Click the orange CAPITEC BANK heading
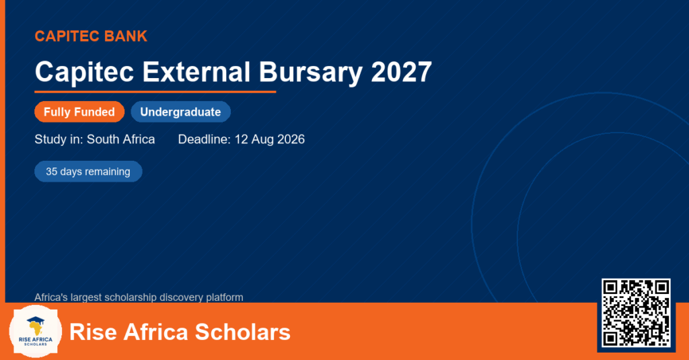[x=91, y=36]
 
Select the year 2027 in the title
[x=402, y=71]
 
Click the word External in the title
[x=196, y=71]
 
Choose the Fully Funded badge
[x=79, y=112]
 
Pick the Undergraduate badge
[x=180, y=112]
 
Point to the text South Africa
[x=121, y=139]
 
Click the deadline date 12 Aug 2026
[x=270, y=139]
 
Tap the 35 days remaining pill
[x=88, y=172]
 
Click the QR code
[x=637, y=312]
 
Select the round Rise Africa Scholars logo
[x=35, y=332]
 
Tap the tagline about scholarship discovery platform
[x=139, y=297]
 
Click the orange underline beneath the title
[x=155, y=92]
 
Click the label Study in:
[x=59, y=139]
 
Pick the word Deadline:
[x=205, y=139]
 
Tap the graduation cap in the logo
[x=35, y=320]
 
